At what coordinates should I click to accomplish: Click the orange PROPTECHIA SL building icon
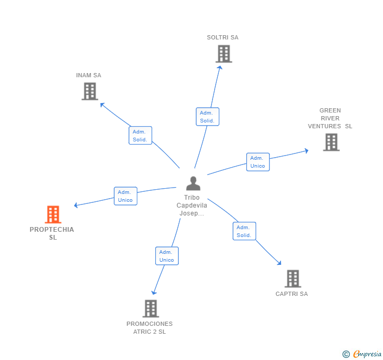click(53, 214)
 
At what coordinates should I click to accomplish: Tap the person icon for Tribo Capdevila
click(193, 183)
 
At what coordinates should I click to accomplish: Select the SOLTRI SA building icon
click(224, 54)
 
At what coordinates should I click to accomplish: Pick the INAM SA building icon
click(90, 91)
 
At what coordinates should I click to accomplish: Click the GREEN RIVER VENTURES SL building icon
click(331, 142)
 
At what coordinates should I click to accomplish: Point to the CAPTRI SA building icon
click(293, 279)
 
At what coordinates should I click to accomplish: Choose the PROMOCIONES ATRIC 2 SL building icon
click(150, 308)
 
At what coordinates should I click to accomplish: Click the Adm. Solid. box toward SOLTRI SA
click(207, 117)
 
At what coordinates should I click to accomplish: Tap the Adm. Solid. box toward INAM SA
click(140, 136)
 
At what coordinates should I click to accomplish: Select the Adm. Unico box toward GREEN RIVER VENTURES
click(258, 162)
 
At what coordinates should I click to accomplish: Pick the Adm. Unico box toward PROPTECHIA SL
click(126, 196)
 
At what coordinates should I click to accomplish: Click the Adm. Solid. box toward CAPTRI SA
click(244, 231)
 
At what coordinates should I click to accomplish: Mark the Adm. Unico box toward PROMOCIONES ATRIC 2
click(167, 256)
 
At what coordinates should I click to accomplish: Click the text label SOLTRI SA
click(223, 37)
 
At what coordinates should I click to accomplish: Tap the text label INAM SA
click(88, 75)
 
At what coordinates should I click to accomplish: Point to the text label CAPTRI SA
click(291, 294)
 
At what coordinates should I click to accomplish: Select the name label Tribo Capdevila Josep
click(191, 205)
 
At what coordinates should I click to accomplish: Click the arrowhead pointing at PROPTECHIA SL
click(76, 205)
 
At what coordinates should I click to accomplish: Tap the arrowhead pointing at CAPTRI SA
click(279, 263)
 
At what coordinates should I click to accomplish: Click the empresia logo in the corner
click(362, 354)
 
